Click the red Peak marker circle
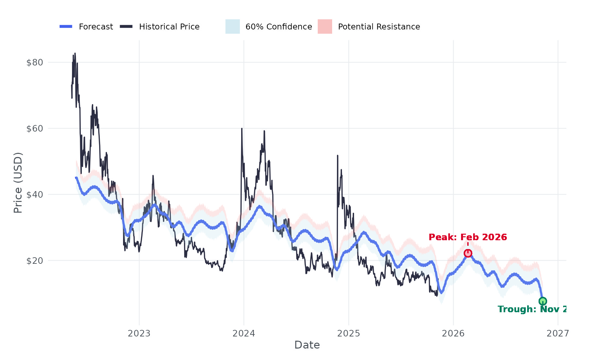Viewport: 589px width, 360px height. [x=468, y=253]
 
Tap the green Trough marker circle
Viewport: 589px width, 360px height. [x=543, y=301]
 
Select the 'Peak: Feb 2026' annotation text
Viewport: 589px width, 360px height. [x=468, y=237]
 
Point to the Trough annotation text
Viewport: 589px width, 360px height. [x=532, y=309]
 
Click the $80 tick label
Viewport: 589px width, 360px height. [x=35, y=63]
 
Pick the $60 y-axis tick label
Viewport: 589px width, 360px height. [x=35, y=129]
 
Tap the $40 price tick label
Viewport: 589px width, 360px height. [x=35, y=195]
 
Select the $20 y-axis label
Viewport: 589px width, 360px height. [x=35, y=261]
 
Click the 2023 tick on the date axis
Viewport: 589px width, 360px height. [x=139, y=333]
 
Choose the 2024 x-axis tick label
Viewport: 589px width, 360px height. [x=244, y=333]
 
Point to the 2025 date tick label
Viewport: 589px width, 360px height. [x=348, y=333]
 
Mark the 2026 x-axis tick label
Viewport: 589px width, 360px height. [x=453, y=333]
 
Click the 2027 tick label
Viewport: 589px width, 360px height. [x=558, y=333]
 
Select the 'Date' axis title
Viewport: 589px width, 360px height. [x=307, y=345]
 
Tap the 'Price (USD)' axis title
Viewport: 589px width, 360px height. [x=18, y=183]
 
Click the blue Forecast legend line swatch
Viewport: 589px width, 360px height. [x=66, y=27]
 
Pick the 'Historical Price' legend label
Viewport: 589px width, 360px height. [x=169, y=27]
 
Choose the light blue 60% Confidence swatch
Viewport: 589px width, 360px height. [x=233, y=27]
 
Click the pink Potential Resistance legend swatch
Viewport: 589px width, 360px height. [x=325, y=27]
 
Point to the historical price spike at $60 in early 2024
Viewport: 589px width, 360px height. [x=242, y=129]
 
